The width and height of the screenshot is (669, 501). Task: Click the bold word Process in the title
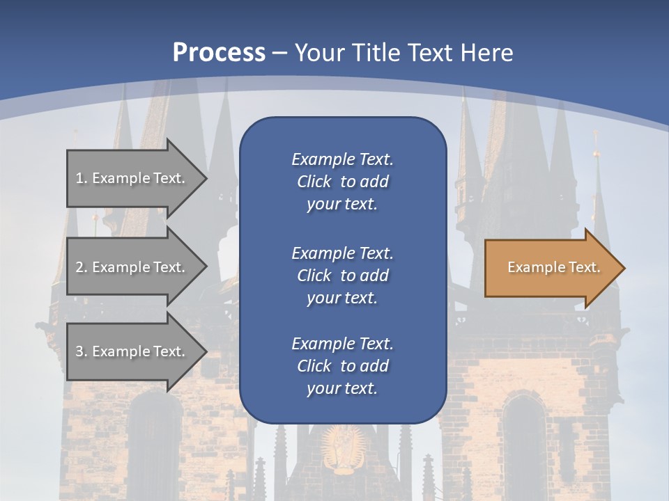(x=219, y=53)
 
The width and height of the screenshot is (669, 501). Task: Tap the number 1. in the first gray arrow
(x=81, y=178)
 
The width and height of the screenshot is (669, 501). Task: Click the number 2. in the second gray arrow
(x=81, y=267)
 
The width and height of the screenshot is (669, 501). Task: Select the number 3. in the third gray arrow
(x=81, y=351)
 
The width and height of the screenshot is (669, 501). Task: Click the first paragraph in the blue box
(x=342, y=182)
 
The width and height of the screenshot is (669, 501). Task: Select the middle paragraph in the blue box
(x=342, y=276)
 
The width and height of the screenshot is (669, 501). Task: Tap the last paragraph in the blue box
(x=342, y=366)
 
